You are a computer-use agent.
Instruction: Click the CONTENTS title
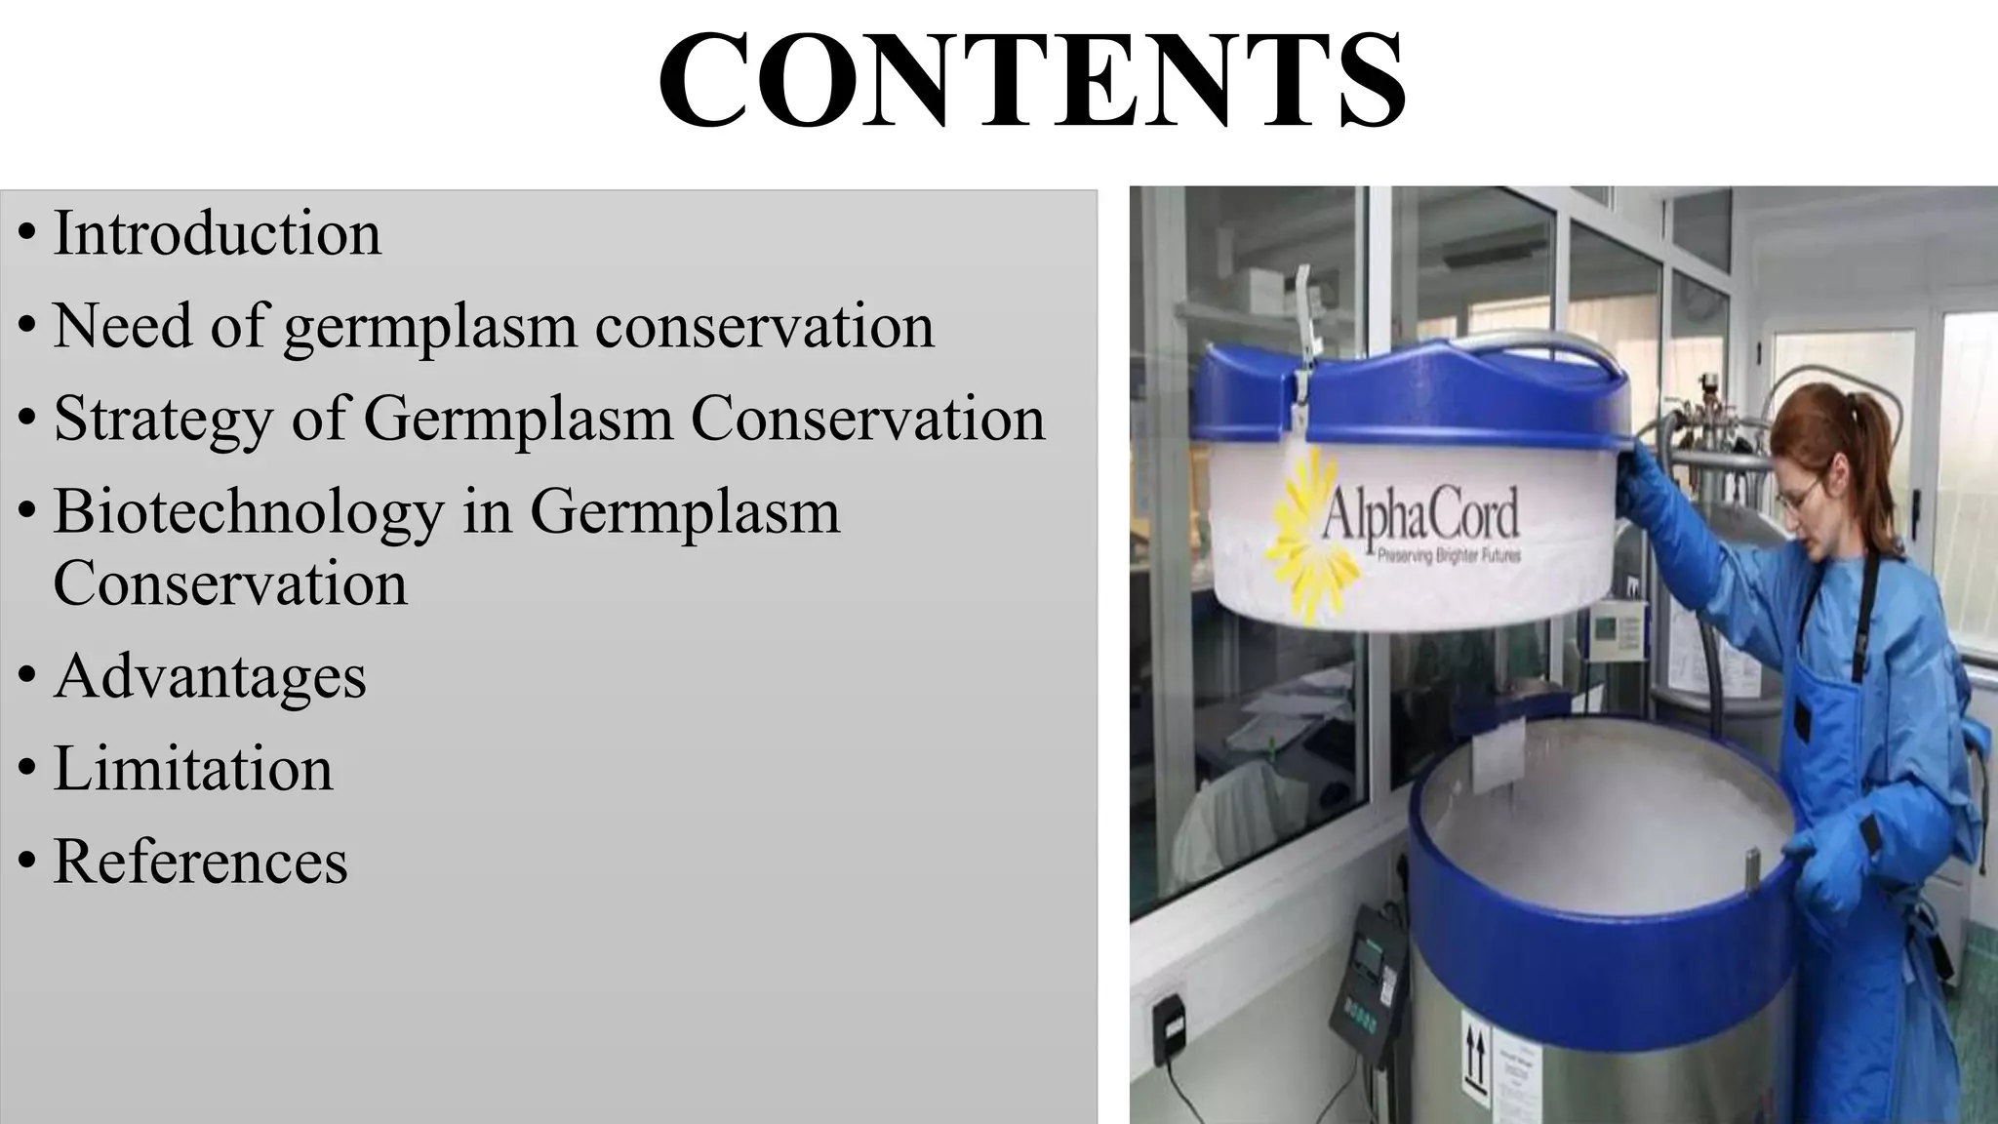(x=1031, y=79)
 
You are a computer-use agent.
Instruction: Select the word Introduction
(x=217, y=234)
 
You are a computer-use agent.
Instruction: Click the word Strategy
(x=162, y=420)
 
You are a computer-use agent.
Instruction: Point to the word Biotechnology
(x=248, y=512)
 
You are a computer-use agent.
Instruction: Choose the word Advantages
(x=210, y=677)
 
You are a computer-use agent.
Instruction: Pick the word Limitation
(x=193, y=769)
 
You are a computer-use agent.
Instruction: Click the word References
(x=200, y=863)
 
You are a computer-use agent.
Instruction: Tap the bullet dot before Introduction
(x=27, y=235)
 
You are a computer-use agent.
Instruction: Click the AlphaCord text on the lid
(x=1419, y=515)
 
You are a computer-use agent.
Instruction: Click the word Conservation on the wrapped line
(x=230, y=584)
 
